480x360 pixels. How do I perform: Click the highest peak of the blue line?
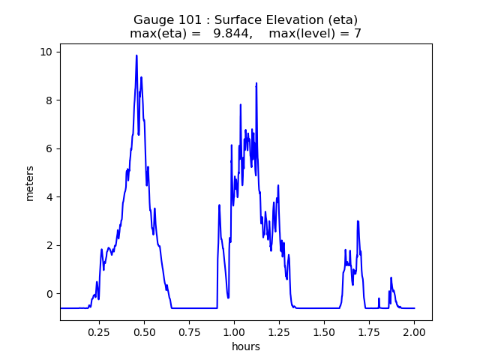pyautogui.click(x=136, y=55)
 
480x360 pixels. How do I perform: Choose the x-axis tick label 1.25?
pyautogui.click(x=279, y=330)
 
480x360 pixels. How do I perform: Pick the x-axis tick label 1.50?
pyautogui.click(x=324, y=330)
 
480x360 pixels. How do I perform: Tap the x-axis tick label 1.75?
pyautogui.click(x=369, y=330)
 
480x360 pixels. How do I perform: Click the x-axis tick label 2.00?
pyautogui.click(x=414, y=330)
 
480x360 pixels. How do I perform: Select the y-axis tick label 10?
pyautogui.click(x=47, y=52)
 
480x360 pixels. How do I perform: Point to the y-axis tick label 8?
pyautogui.click(x=50, y=100)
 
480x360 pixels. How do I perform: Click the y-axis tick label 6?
pyautogui.click(x=50, y=148)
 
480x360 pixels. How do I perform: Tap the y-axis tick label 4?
pyautogui.click(x=50, y=197)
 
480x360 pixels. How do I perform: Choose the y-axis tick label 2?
pyautogui.click(x=50, y=245)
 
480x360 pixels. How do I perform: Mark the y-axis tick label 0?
pyautogui.click(x=50, y=294)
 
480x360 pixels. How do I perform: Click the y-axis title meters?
pyautogui.click(x=30, y=182)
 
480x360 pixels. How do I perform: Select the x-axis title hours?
pyautogui.click(x=246, y=347)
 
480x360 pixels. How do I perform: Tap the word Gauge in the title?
pyautogui.click(x=152, y=19)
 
